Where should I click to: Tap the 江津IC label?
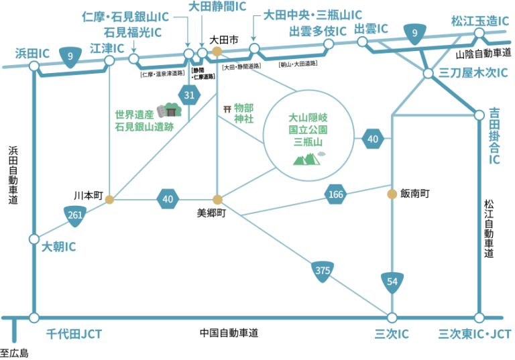point(107,48)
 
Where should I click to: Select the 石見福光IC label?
point(132,32)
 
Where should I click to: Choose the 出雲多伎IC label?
point(318,31)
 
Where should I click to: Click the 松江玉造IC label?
point(479,21)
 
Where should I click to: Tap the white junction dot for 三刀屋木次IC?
point(428,73)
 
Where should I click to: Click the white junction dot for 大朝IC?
point(34,239)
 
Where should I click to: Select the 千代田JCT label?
point(74,334)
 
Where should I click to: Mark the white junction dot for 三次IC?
point(392,318)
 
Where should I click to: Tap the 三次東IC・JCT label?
point(474,334)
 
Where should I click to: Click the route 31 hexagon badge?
point(189,95)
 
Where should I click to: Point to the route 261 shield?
point(76,215)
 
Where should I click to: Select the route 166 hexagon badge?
point(335,194)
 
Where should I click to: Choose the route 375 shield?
point(323,271)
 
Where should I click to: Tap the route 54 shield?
point(392,282)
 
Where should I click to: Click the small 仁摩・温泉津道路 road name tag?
point(162,74)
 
